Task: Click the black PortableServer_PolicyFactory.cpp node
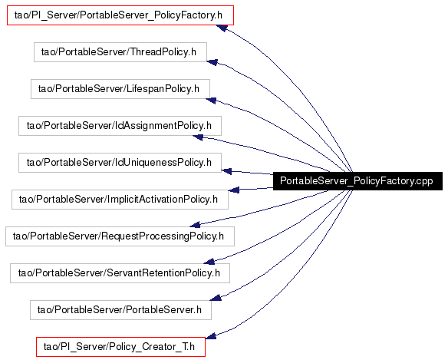[357, 181]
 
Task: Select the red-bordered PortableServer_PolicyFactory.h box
[120, 15]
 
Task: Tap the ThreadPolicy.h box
[120, 52]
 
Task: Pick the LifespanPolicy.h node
[120, 89]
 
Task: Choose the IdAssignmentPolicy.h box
[120, 126]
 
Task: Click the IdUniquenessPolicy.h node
[120, 163]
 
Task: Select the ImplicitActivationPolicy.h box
[120, 200]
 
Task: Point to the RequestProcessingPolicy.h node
[120, 236]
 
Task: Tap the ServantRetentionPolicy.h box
[120, 273]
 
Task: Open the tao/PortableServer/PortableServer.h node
[120, 310]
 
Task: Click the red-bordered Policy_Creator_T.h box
[120, 347]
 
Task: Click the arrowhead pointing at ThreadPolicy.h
[212, 62]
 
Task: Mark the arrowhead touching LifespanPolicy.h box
[211, 100]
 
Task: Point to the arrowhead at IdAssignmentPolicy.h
[198, 137]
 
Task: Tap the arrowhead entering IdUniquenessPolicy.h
[226, 172]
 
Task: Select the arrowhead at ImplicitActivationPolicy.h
[234, 190]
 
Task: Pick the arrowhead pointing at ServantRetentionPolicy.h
[209, 261]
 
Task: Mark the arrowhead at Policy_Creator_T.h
[211, 335]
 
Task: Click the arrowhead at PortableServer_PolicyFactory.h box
[222, 28]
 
